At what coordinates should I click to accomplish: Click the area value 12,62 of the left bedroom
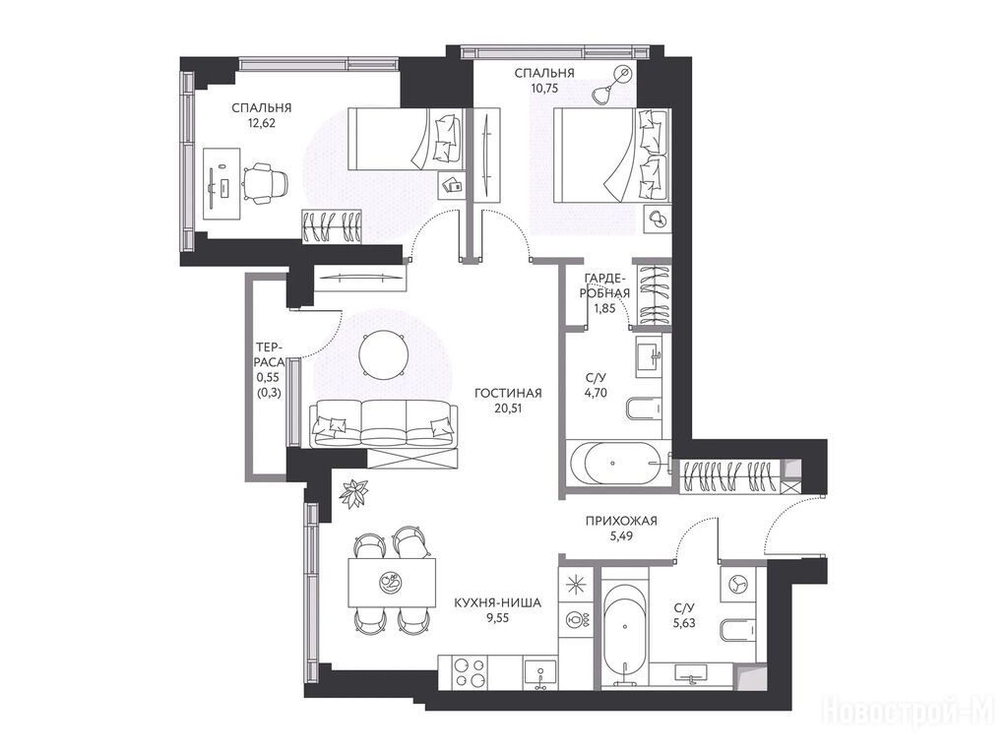pyautogui.click(x=261, y=123)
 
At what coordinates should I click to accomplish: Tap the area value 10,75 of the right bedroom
pyautogui.click(x=543, y=88)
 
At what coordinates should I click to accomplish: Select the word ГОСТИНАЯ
pyautogui.click(x=508, y=393)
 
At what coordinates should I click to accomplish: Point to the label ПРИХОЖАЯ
pyautogui.click(x=621, y=521)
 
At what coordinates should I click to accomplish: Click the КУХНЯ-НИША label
pyautogui.click(x=497, y=603)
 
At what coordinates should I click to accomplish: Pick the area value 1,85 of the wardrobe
pyautogui.click(x=604, y=308)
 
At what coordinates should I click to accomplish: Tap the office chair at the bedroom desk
pyautogui.click(x=265, y=183)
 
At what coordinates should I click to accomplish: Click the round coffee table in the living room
pyautogui.click(x=383, y=354)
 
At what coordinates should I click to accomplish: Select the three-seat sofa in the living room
pyautogui.click(x=383, y=423)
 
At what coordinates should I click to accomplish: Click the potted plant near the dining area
pyautogui.click(x=354, y=493)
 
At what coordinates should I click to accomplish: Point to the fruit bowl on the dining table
pyautogui.click(x=391, y=582)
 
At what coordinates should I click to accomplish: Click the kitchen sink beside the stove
pyautogui.click(x=541, y=673)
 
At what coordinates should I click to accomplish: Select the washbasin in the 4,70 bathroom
pyautogui.click(x=649, y=355)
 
